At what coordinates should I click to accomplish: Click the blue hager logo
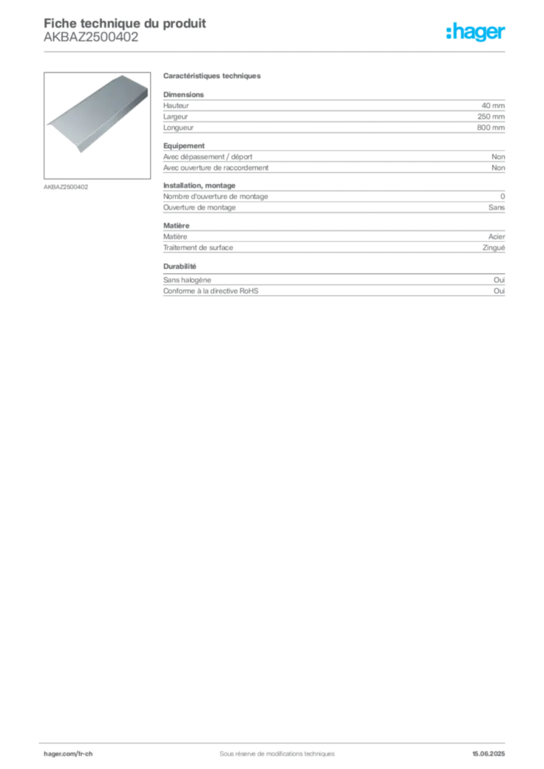point(477,33)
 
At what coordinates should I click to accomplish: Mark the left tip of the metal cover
point(47,123)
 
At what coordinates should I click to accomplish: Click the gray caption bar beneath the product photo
point(66,186)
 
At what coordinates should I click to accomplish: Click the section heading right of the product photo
point(213,77)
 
